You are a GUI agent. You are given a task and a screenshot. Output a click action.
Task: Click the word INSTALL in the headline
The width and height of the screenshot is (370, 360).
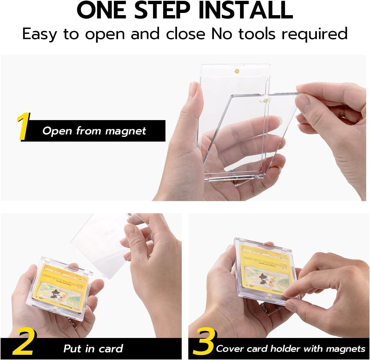point(246,10)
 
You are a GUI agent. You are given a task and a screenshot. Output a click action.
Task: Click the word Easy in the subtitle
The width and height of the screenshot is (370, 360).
point(40,34)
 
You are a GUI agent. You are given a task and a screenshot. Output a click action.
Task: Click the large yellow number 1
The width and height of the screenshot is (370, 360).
point(23,127)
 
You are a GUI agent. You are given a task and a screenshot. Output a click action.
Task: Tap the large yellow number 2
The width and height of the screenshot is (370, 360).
point(23,343)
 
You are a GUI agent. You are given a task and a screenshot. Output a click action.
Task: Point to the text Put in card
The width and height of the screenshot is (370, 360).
point(93,349)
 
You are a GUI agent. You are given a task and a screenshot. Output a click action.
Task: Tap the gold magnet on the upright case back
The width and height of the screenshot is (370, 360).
point(236,71)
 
